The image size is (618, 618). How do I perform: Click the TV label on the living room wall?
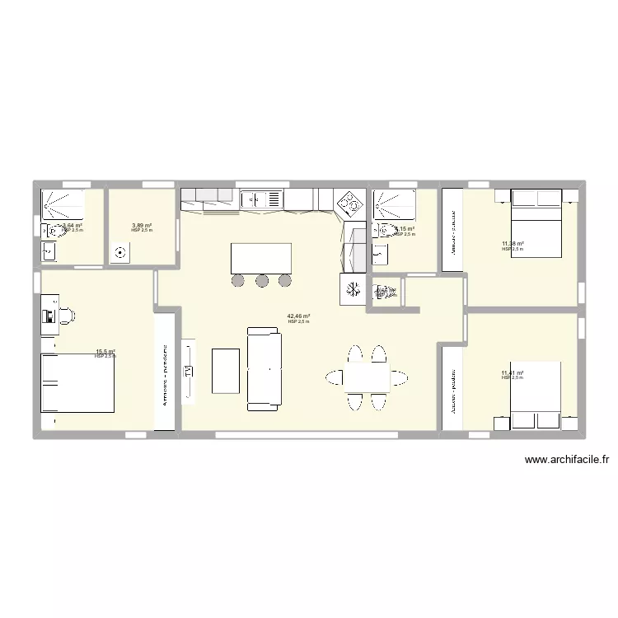point(188,371)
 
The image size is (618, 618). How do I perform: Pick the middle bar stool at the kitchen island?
point(262,281)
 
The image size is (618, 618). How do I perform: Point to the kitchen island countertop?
point(262,257)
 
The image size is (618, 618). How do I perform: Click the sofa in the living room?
point(264,368)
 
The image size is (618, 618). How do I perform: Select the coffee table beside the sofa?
point(226,370)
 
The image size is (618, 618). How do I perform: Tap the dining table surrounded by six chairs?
point(368,377)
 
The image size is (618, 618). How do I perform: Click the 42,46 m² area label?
point(297,316)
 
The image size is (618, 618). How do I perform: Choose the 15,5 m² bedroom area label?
point(105,352)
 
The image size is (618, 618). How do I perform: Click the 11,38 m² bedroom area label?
point(513,244)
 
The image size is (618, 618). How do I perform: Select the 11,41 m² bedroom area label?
point(513,373)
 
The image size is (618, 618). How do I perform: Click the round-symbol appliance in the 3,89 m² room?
point(123,253)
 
